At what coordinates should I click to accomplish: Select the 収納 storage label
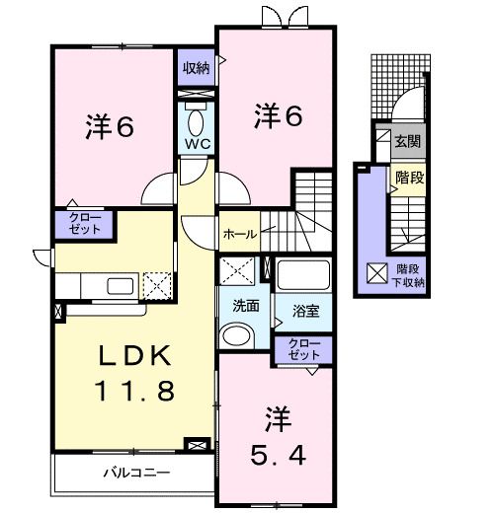[196, 68]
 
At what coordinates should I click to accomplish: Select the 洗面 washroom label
[247, 306]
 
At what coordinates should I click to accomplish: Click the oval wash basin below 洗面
[237, 336]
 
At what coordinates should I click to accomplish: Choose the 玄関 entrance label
[407, 141]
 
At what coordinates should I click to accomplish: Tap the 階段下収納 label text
[410, 273]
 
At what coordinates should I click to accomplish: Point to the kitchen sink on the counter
[121, 287]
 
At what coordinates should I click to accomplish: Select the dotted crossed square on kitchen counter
[158, 285]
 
